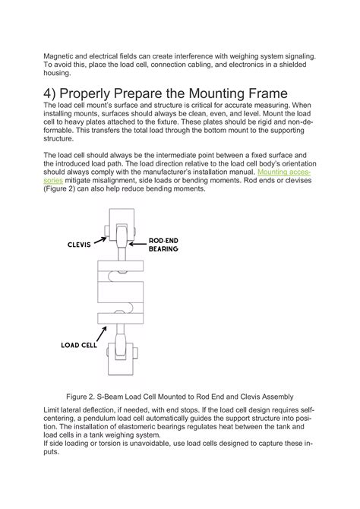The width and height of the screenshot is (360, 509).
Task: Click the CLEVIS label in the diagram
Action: click(x=79, y=245)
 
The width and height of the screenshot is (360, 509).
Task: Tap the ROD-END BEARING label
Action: click(x=163, y=245)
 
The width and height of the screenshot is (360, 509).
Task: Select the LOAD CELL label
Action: click(x=79, y=345)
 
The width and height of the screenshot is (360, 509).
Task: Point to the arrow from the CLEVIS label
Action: click(x=100, y=240)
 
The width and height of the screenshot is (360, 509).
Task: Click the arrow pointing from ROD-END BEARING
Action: click(x=137, y=244)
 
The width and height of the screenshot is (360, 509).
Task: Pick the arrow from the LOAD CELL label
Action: click(x=102, y=334)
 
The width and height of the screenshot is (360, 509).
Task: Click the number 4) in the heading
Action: click(x=49, y=93)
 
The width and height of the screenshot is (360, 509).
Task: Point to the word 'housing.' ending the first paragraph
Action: click(x=57, y=73)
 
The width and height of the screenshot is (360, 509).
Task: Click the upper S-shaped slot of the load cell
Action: click(x=119, y=275)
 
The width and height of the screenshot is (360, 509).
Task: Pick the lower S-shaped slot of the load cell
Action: click(x=123, y=308)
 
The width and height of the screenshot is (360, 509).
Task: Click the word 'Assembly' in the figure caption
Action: click(x=277, y=397)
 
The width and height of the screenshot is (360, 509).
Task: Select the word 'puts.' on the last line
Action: click(x=52, y=452)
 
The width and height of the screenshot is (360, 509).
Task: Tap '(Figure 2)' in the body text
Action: click(x=59, y=188)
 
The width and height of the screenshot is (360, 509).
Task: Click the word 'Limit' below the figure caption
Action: click(x=51, y=410)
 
